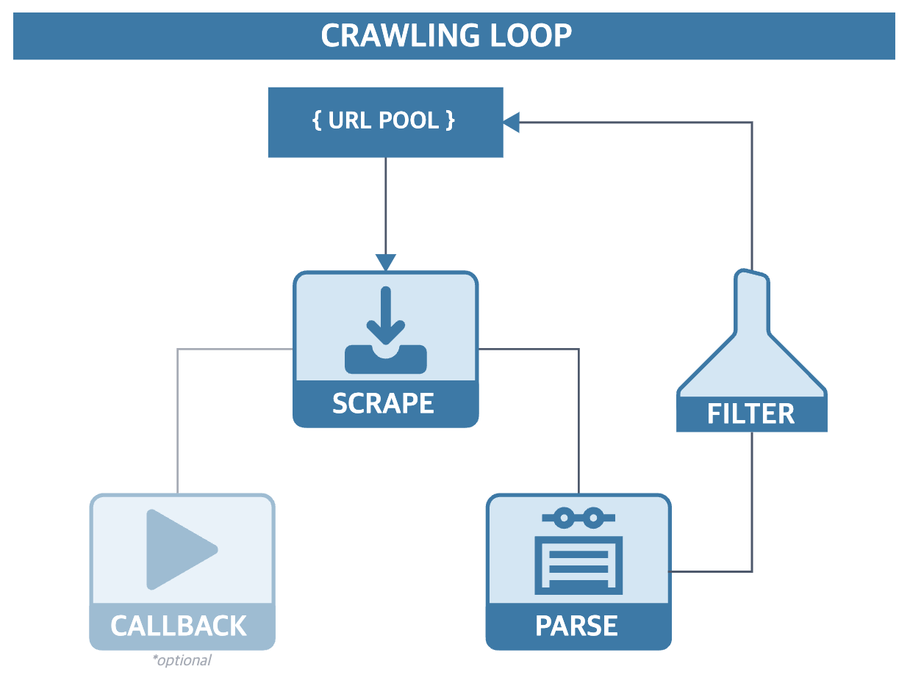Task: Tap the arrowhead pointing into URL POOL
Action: tap(512, 122)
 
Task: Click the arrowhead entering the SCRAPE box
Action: tap(386, 262)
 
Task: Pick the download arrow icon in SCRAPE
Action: tap(386, 330)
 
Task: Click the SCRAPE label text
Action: tap(383, 403)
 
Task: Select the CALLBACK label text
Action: tap(179, 626)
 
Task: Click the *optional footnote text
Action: tap(182, 660)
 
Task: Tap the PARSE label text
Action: tap(577, 626)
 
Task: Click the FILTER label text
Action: tap(750, 414)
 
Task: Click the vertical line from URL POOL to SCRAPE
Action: tap(386, 206)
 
